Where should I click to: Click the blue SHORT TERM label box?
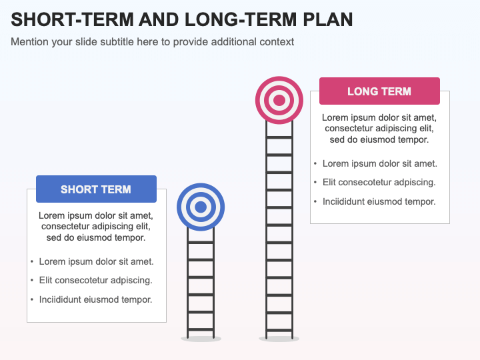pos(96,189)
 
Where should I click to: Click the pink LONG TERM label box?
pos(379,91)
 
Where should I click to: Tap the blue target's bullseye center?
pos(201,207)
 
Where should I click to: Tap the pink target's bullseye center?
pos(279,101)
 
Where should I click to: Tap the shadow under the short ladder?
pos(201,339)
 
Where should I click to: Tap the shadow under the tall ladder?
pos(279,339)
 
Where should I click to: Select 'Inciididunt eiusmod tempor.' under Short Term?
pos(95,299)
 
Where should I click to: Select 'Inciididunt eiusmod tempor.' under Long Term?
pos(379,201)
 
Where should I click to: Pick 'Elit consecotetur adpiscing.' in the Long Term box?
pos(379,182)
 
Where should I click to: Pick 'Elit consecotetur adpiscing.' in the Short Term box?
pos(95,280)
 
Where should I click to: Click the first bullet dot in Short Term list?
pos(32,262)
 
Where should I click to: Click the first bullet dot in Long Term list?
pos(315,164)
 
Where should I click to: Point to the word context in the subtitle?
pos(277,41)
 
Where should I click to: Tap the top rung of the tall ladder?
pos(279,137)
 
